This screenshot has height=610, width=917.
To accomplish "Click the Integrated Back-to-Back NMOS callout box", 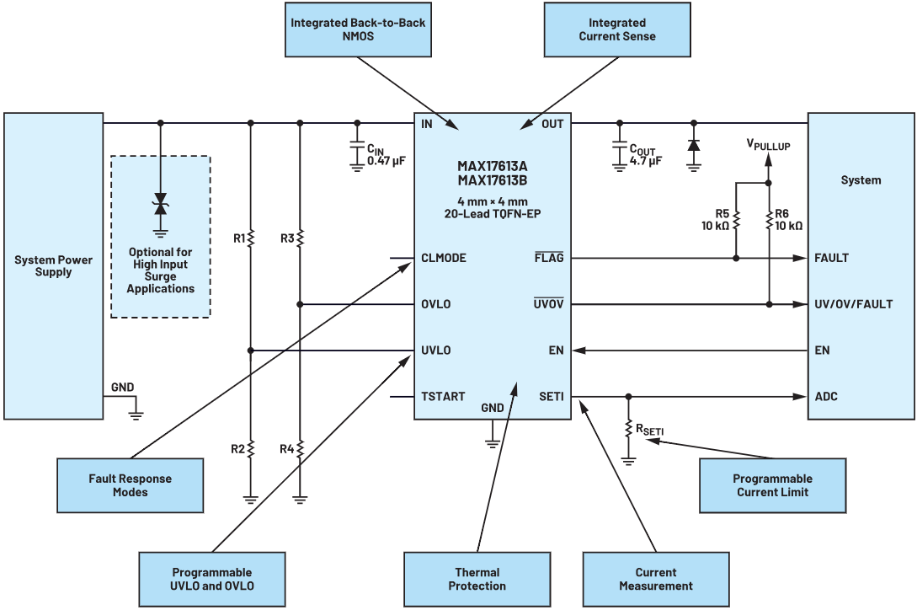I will click(x=358, y=29).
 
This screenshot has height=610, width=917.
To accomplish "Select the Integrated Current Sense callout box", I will click(x=616, y=29).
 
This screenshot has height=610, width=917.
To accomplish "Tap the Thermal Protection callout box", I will click(x=477, y=579).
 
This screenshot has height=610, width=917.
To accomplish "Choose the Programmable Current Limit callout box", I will click(x=772, y=485).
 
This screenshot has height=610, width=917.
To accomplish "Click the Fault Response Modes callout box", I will click(x=130, y=485).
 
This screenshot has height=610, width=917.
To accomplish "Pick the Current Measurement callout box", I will click(x=655, y=579).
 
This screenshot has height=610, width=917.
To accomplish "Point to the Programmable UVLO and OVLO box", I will click(x=212, y=579).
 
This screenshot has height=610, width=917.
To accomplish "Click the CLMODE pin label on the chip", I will click(x=444, y=259).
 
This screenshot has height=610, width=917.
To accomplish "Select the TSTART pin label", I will click(x=443, y=397).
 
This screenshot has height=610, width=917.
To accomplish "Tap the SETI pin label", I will click(x=552, y=397).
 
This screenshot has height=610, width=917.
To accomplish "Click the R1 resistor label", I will click(x=239, y=239).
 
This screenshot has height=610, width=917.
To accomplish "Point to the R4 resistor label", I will click(x=287, y=449).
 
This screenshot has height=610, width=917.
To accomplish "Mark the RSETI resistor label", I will click(x=649, y=431).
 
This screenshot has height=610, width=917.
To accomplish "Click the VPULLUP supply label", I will click(x=768, y=146).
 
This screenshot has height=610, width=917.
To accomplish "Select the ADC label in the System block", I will click(x=826, y=397).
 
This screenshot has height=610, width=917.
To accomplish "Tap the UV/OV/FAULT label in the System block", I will click(x=853, y=304).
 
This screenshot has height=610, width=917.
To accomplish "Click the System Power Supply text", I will click(x=53, y=265).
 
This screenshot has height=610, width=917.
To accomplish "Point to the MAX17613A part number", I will click(x=492, y=166).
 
